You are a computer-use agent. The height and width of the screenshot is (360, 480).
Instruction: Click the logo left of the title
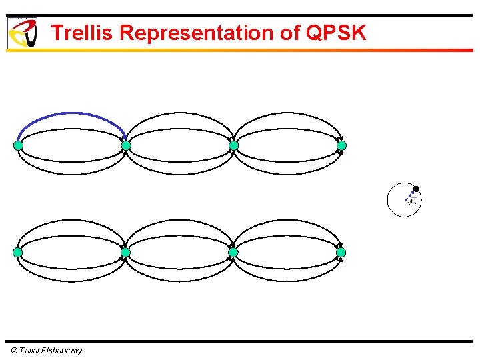[22, 33]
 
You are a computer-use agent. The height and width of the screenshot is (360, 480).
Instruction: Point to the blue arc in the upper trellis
[71, 113]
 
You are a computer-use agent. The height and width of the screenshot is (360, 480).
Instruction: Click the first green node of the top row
[18, 145]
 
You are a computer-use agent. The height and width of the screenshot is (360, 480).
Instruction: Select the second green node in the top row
[126, 145]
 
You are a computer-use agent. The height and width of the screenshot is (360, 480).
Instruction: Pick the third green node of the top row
[233, 145]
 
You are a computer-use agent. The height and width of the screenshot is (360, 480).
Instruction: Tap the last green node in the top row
[341, 145]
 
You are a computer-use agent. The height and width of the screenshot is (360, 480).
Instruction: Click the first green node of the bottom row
[18, 253]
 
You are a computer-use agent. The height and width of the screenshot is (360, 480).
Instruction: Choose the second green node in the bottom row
[125, 253]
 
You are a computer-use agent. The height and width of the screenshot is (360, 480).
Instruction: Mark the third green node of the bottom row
[233, 253]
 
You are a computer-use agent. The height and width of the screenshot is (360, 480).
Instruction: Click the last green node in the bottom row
[341, 253]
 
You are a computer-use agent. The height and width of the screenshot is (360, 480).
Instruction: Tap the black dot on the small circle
[416, 189]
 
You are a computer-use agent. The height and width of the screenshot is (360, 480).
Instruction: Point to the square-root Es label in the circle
[413, 202]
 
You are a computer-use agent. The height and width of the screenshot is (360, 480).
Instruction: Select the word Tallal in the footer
[30, 351]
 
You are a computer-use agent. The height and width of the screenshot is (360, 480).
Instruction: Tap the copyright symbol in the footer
[14, 351]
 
